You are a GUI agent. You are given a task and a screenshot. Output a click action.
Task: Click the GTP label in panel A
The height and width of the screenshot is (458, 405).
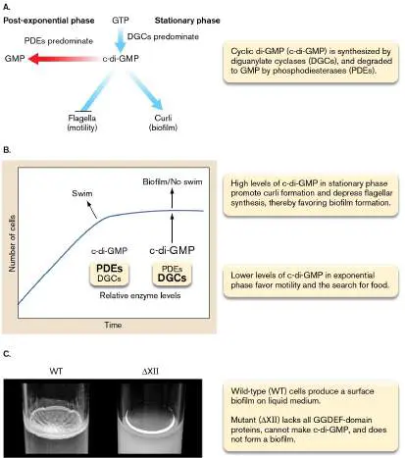(x=121, y=21)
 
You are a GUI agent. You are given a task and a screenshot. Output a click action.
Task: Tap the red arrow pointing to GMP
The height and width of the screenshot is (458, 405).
(x=64, y=59)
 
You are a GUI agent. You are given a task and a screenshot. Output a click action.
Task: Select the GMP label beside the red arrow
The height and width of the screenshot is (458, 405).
(x=15, y=59)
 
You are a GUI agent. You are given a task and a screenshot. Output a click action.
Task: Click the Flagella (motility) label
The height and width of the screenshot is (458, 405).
(x=82, y=123)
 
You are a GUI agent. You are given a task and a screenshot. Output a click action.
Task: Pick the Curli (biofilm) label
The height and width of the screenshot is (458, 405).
(x=163, y=123)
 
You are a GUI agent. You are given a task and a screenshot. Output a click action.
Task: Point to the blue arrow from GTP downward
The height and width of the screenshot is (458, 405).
(x=121, y=40)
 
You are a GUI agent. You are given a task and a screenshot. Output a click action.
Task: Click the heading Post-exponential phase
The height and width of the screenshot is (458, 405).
(x=49, y=21)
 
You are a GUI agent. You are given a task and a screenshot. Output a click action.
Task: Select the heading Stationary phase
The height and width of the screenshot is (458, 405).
(x=187, y=21)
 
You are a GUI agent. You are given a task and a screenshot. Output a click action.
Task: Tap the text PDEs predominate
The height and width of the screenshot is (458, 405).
(x=59, y=41)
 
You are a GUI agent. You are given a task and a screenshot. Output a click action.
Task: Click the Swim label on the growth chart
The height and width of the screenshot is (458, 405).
(x=82, y=193)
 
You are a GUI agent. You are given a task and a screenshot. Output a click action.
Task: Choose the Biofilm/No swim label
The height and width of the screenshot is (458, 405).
(x=173, y=181)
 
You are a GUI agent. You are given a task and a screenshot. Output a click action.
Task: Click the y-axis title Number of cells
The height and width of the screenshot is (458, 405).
(x=12, y=243)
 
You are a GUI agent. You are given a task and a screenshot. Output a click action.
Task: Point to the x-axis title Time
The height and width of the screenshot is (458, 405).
(x=113, y=325)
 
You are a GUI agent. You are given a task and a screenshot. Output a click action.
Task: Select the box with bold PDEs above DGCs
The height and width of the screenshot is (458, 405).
(x=110, y=274)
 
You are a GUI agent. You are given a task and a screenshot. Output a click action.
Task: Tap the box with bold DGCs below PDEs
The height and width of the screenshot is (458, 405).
(x=172, y=274)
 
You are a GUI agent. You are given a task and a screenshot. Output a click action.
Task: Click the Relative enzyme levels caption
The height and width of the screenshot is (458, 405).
(x=140, y=295)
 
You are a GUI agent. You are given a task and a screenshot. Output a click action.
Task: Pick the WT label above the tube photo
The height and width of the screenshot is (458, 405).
(x=56, y=371)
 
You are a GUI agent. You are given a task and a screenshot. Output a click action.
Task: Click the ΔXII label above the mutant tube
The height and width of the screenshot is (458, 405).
(x=150, y=371)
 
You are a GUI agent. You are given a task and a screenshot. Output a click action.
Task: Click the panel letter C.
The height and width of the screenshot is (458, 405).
(x=7, y=354)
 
